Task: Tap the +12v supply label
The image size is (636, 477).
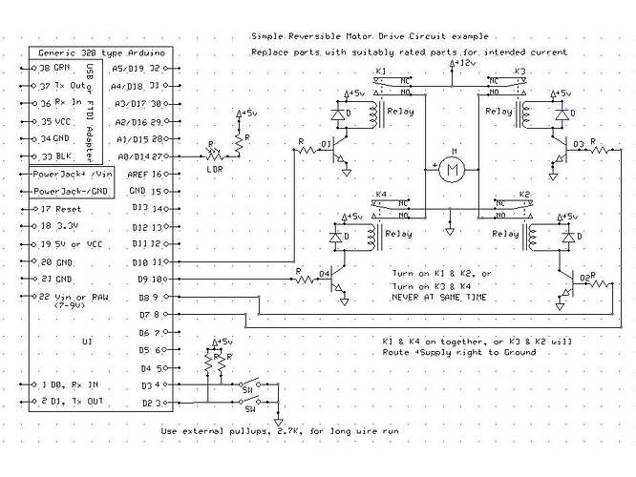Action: click(x=461, y=62)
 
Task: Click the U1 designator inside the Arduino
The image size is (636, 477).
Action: click(x=87, y=340)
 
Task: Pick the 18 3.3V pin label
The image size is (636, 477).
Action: click(x=57, y=227)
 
